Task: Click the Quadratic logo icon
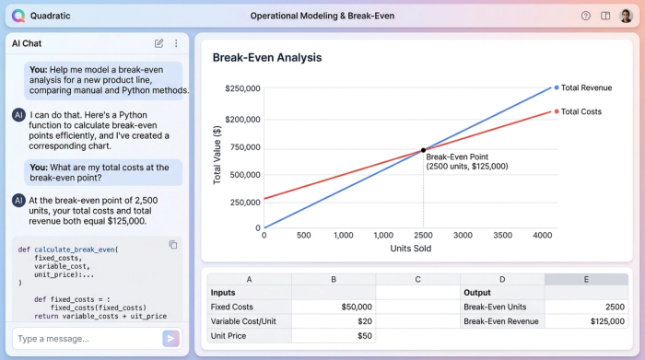click(x=18, y=16)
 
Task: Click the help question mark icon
click(x=586, y=16)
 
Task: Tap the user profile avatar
click(x=627, y=16)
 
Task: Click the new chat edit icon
click(x=159, y=43)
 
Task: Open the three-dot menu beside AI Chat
click(x=176, y=43)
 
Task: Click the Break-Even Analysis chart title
click(x=267, y=57)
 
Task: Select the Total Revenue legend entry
click(x=586, y=87)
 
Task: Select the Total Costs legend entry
click(x=580, y=111)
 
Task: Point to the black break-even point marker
click(x=424, y=150)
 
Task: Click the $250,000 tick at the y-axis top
click(x=242, y=88)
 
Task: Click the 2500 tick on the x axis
click(x=424, y=236)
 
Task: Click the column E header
click(x=586, y=280)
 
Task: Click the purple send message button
click(x=170, y=338)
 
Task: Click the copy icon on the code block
click(x=173, y=245)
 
